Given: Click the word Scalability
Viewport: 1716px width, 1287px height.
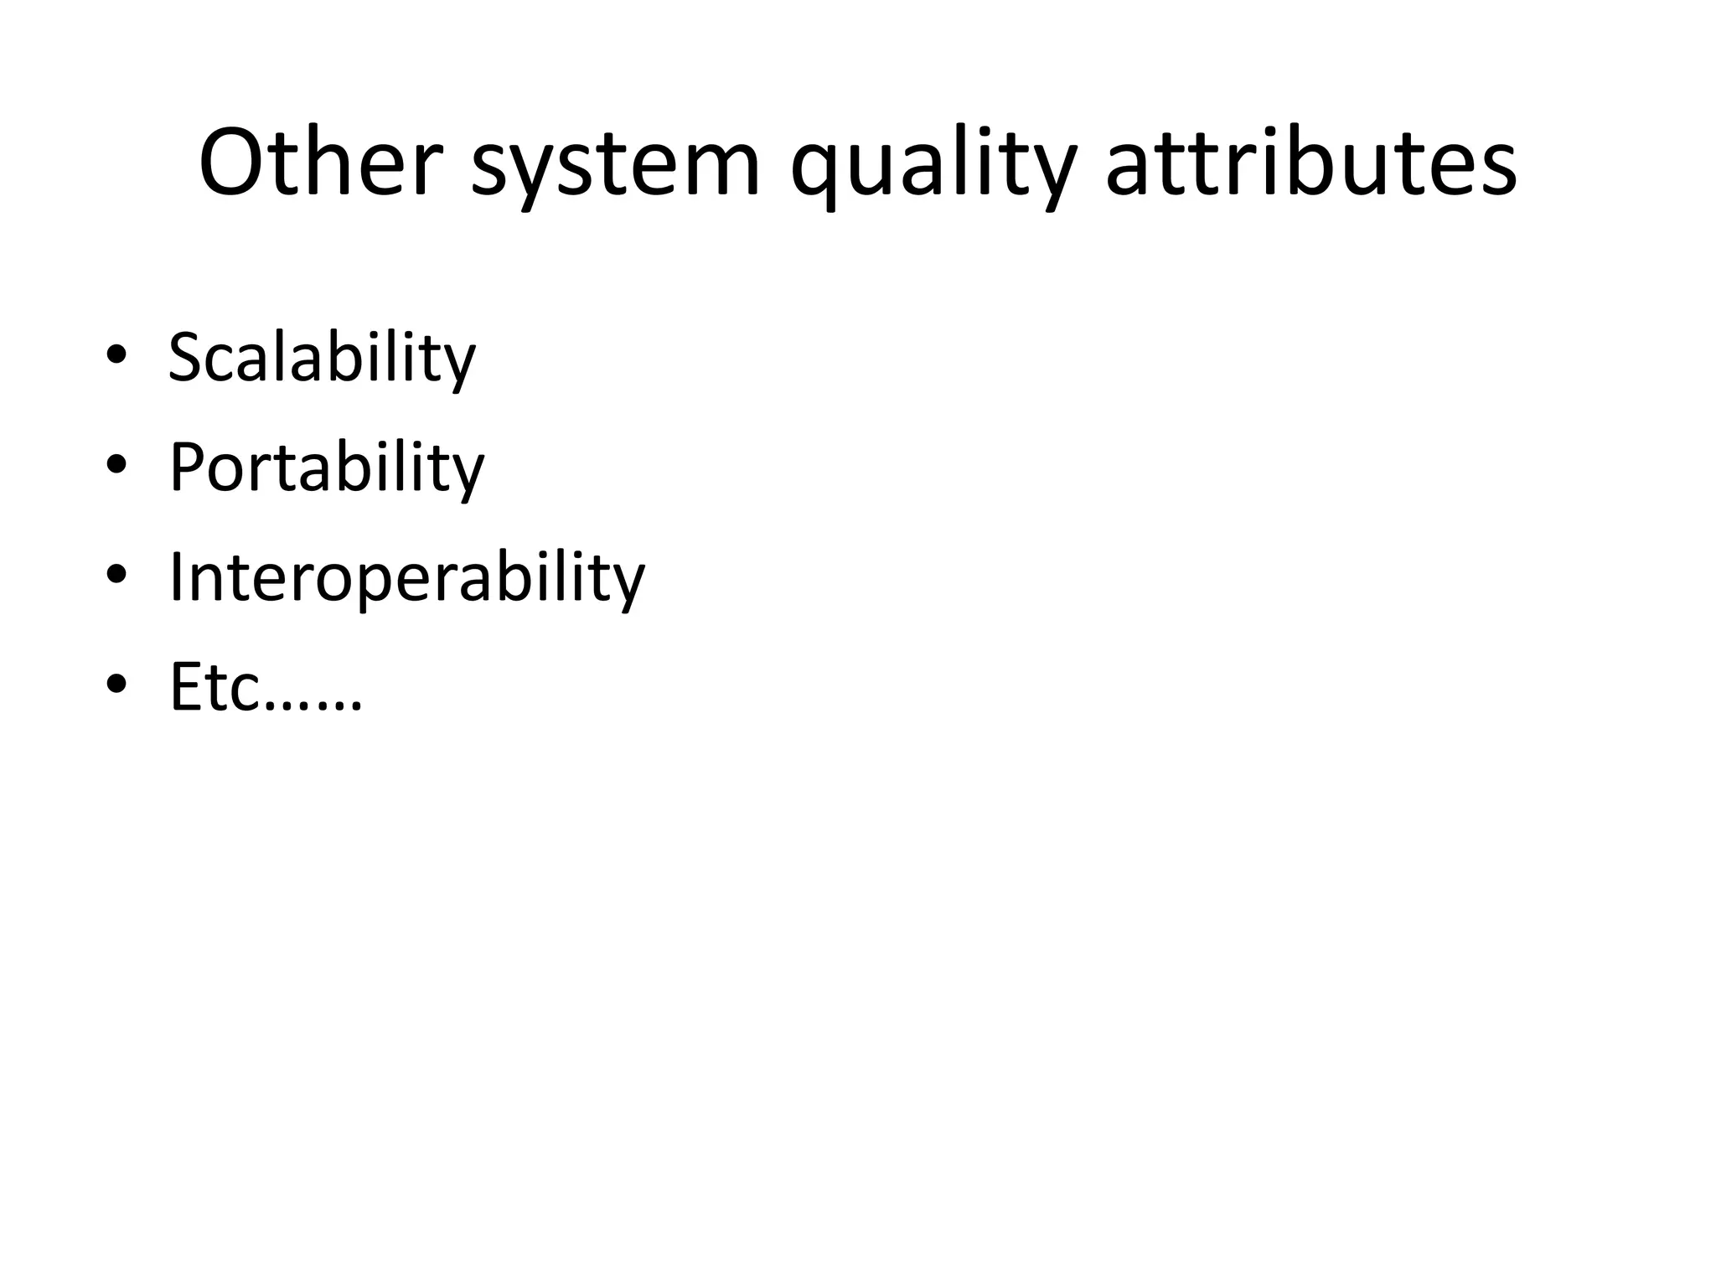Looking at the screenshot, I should pyautogui.click(x=322, y=358).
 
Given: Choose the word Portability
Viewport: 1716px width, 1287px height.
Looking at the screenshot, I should pyautogui.click(x=327, y=468).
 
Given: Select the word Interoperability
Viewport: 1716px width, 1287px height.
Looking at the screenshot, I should pyautogui.click(x=407, y=577).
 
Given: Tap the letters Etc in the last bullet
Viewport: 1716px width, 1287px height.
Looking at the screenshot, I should pyautogui.click(x=216, y=686).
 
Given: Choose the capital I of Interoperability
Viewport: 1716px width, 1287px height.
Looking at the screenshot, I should pyautogui.click(x=176, y=576).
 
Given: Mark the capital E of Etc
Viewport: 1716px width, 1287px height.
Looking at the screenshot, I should pyautogui.click(x=185, y=686).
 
